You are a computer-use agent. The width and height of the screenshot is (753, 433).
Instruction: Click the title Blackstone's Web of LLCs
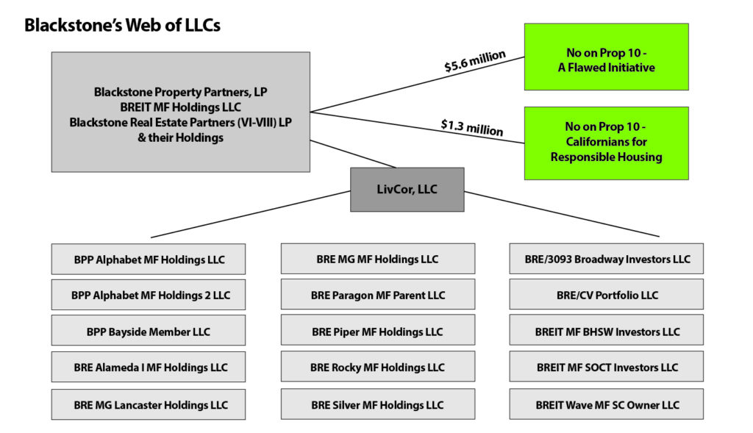coord(123,26)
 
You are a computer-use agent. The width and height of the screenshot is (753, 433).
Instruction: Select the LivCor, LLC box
coord(407,190)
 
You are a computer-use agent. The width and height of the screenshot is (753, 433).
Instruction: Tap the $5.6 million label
coord(474,61)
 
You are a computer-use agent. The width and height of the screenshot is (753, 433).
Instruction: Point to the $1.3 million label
coord(472,128)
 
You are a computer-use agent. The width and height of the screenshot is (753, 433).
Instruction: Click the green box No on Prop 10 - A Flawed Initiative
coord(606,57)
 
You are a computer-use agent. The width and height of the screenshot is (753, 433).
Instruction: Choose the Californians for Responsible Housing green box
coord(606,143)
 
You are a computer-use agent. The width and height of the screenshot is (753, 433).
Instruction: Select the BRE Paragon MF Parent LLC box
coord(378,294)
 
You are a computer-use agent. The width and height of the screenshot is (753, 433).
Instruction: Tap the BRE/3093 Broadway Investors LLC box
coord(607,259)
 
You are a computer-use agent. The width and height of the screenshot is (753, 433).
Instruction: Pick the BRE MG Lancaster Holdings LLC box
coord(149,404)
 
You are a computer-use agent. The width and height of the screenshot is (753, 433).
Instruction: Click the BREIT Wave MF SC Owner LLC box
coord(607,404)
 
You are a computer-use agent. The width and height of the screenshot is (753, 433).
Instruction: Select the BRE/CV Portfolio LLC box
coord(607,294)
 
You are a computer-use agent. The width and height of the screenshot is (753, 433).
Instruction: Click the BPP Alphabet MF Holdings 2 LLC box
coord(149,295)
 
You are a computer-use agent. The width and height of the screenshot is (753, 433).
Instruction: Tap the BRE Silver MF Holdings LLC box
coord(378,404)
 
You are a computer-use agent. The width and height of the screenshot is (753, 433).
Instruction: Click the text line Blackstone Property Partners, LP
coord(181,92)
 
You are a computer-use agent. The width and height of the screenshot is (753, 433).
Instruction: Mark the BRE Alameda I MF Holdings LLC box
coord(149,367)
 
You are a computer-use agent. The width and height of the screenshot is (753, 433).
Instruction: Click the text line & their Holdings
coord(181,137)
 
